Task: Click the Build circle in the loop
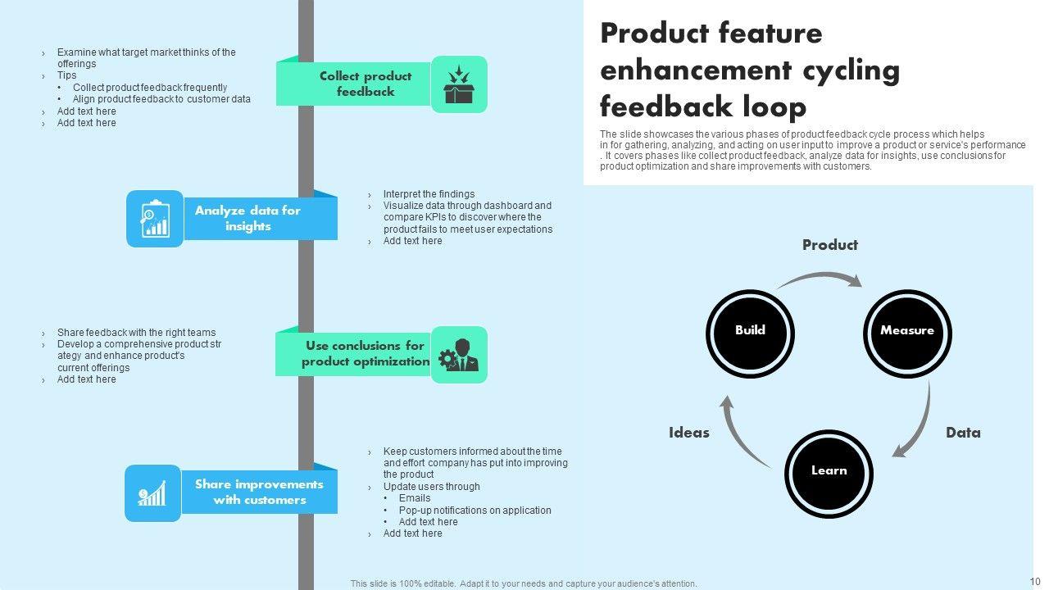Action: pyautogui.click(x=750, y=332)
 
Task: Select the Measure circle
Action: pyautogui.click(x=907, y=332)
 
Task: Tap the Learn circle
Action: pyautogui.click(x=829, y=472)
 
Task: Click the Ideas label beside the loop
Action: pyautogui.click(x=689, y=433)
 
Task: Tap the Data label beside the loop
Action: pyautogui.click(x=963, y=433)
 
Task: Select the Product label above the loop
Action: pyautogui.click(x=830, y=245)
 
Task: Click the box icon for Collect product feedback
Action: pyautogui.click(x=459, y=84)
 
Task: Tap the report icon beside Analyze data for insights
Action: pyautogui.click(x=155, y=219)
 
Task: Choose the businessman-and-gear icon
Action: pyautogui.click(x=459, y=355)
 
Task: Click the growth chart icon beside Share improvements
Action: pyautogui.click(x=153, y=493)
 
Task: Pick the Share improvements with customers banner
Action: pyautogui.click(x=259, y=492)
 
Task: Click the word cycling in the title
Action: pyautogui.click(x=847, y=70)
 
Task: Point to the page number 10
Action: pyautogui.click(x=1035, y=582)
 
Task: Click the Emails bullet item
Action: pyautogui.click(x=415, y=498)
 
